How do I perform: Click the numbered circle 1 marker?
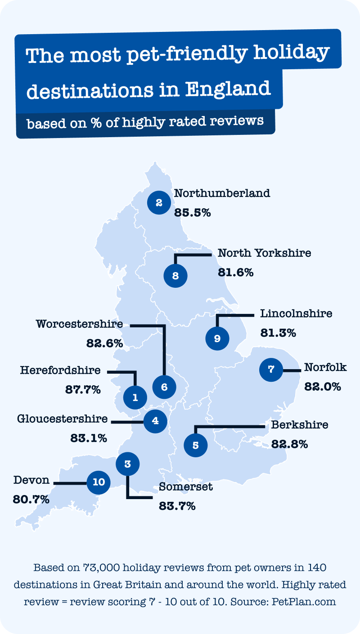pyautogui.click(x=134, y=397)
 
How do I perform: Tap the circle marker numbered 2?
pyautogui.click(x=159, y=203)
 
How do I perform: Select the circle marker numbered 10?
pyautogui.click(x=99, y=482)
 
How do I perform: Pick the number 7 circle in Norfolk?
pyautogui.click(x=271, y=370)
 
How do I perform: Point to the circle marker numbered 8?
pyautogui.click(x=175, y=276)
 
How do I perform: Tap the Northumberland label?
pyautogui.click(x=222, y=193)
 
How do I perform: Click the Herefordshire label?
pyautogui.click(x=60, y=371)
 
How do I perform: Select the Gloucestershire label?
pyautogui.click(x=63, y=419)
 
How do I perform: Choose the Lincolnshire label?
pyautogui.click(x=296, y=313)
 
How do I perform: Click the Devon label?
pyautogui.click(x=31, y=480)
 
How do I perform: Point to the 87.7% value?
pyautogui.click(x=82, y=389)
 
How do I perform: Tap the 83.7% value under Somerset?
pyautogui.click(x=177, y=506)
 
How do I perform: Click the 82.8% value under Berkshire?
pyautogui.click(x=289, y=444)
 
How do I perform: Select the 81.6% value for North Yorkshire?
pyautogui.click(x=236, y=272)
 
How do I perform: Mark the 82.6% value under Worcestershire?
pyautogui.click(x=104, y=343)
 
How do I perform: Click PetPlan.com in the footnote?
pyautogui.click(x=304, y=602)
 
